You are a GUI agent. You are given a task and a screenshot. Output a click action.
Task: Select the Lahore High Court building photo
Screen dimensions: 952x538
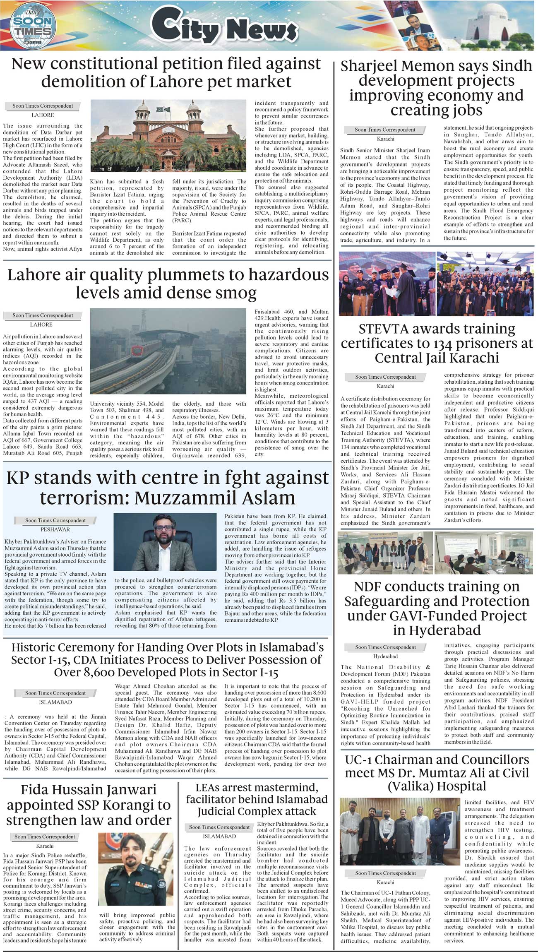168,136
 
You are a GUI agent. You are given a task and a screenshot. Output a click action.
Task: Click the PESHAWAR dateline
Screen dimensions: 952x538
55,529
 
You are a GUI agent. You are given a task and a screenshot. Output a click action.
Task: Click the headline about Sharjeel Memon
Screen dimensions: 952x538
436,88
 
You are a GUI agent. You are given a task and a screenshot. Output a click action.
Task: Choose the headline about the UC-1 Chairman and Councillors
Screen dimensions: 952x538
436,772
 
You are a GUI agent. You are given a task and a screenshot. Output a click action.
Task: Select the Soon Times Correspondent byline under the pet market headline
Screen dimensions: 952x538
43,106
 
